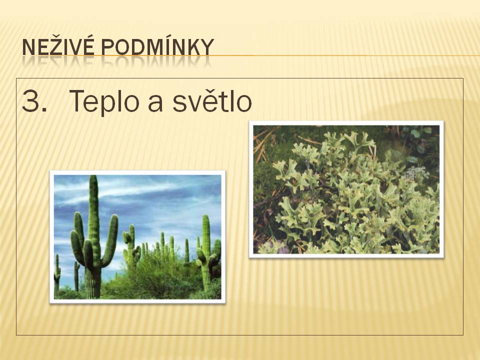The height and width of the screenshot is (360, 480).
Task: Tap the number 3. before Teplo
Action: pyautogui.click(x=34, y=101)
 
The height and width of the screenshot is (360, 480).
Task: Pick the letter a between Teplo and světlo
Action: pyautogui.click(x=155, y=104)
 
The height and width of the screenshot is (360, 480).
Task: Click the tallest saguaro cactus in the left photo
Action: pyautogui.click(x=93, y=237)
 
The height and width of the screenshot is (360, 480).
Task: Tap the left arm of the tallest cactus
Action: pyautogui.click(x=78, y=239)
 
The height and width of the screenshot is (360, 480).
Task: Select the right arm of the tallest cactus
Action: pyautogui.click(x=110, y=240)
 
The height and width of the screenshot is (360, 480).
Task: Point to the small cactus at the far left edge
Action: pyautogui.click(x=57, y=272)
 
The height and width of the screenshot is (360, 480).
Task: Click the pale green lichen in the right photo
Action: pyautogui.click(x=355, y=196)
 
